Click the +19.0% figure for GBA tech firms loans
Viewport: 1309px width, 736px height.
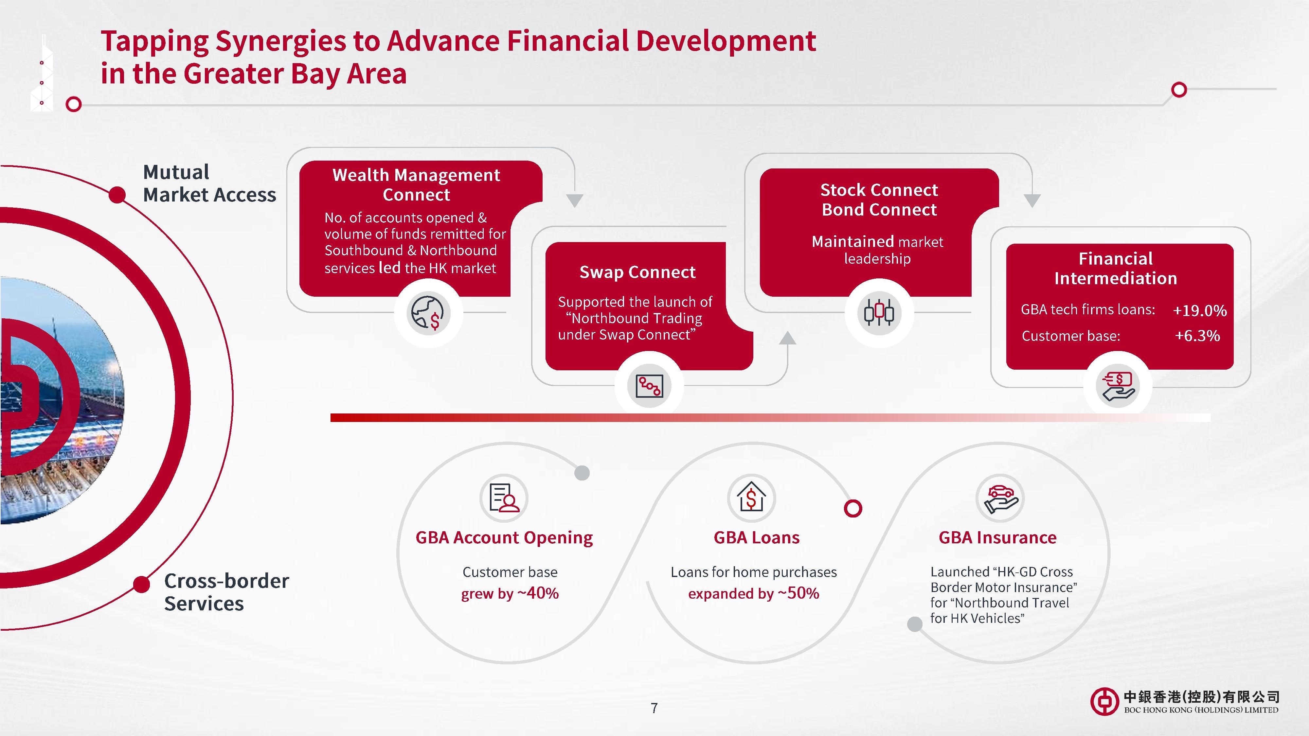1199,310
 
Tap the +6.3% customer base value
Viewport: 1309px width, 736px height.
1197,336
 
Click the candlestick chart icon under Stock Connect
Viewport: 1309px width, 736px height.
879,312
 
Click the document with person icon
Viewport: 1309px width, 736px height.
504,497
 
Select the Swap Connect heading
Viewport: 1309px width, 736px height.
637,272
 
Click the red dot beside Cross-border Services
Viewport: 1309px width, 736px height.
142,584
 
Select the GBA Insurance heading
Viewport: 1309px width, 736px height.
997,537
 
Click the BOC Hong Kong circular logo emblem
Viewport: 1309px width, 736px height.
1104,701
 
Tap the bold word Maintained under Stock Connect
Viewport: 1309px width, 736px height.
859,241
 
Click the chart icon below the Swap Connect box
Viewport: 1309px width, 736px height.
649,387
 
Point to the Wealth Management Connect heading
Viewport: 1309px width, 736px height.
416,185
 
